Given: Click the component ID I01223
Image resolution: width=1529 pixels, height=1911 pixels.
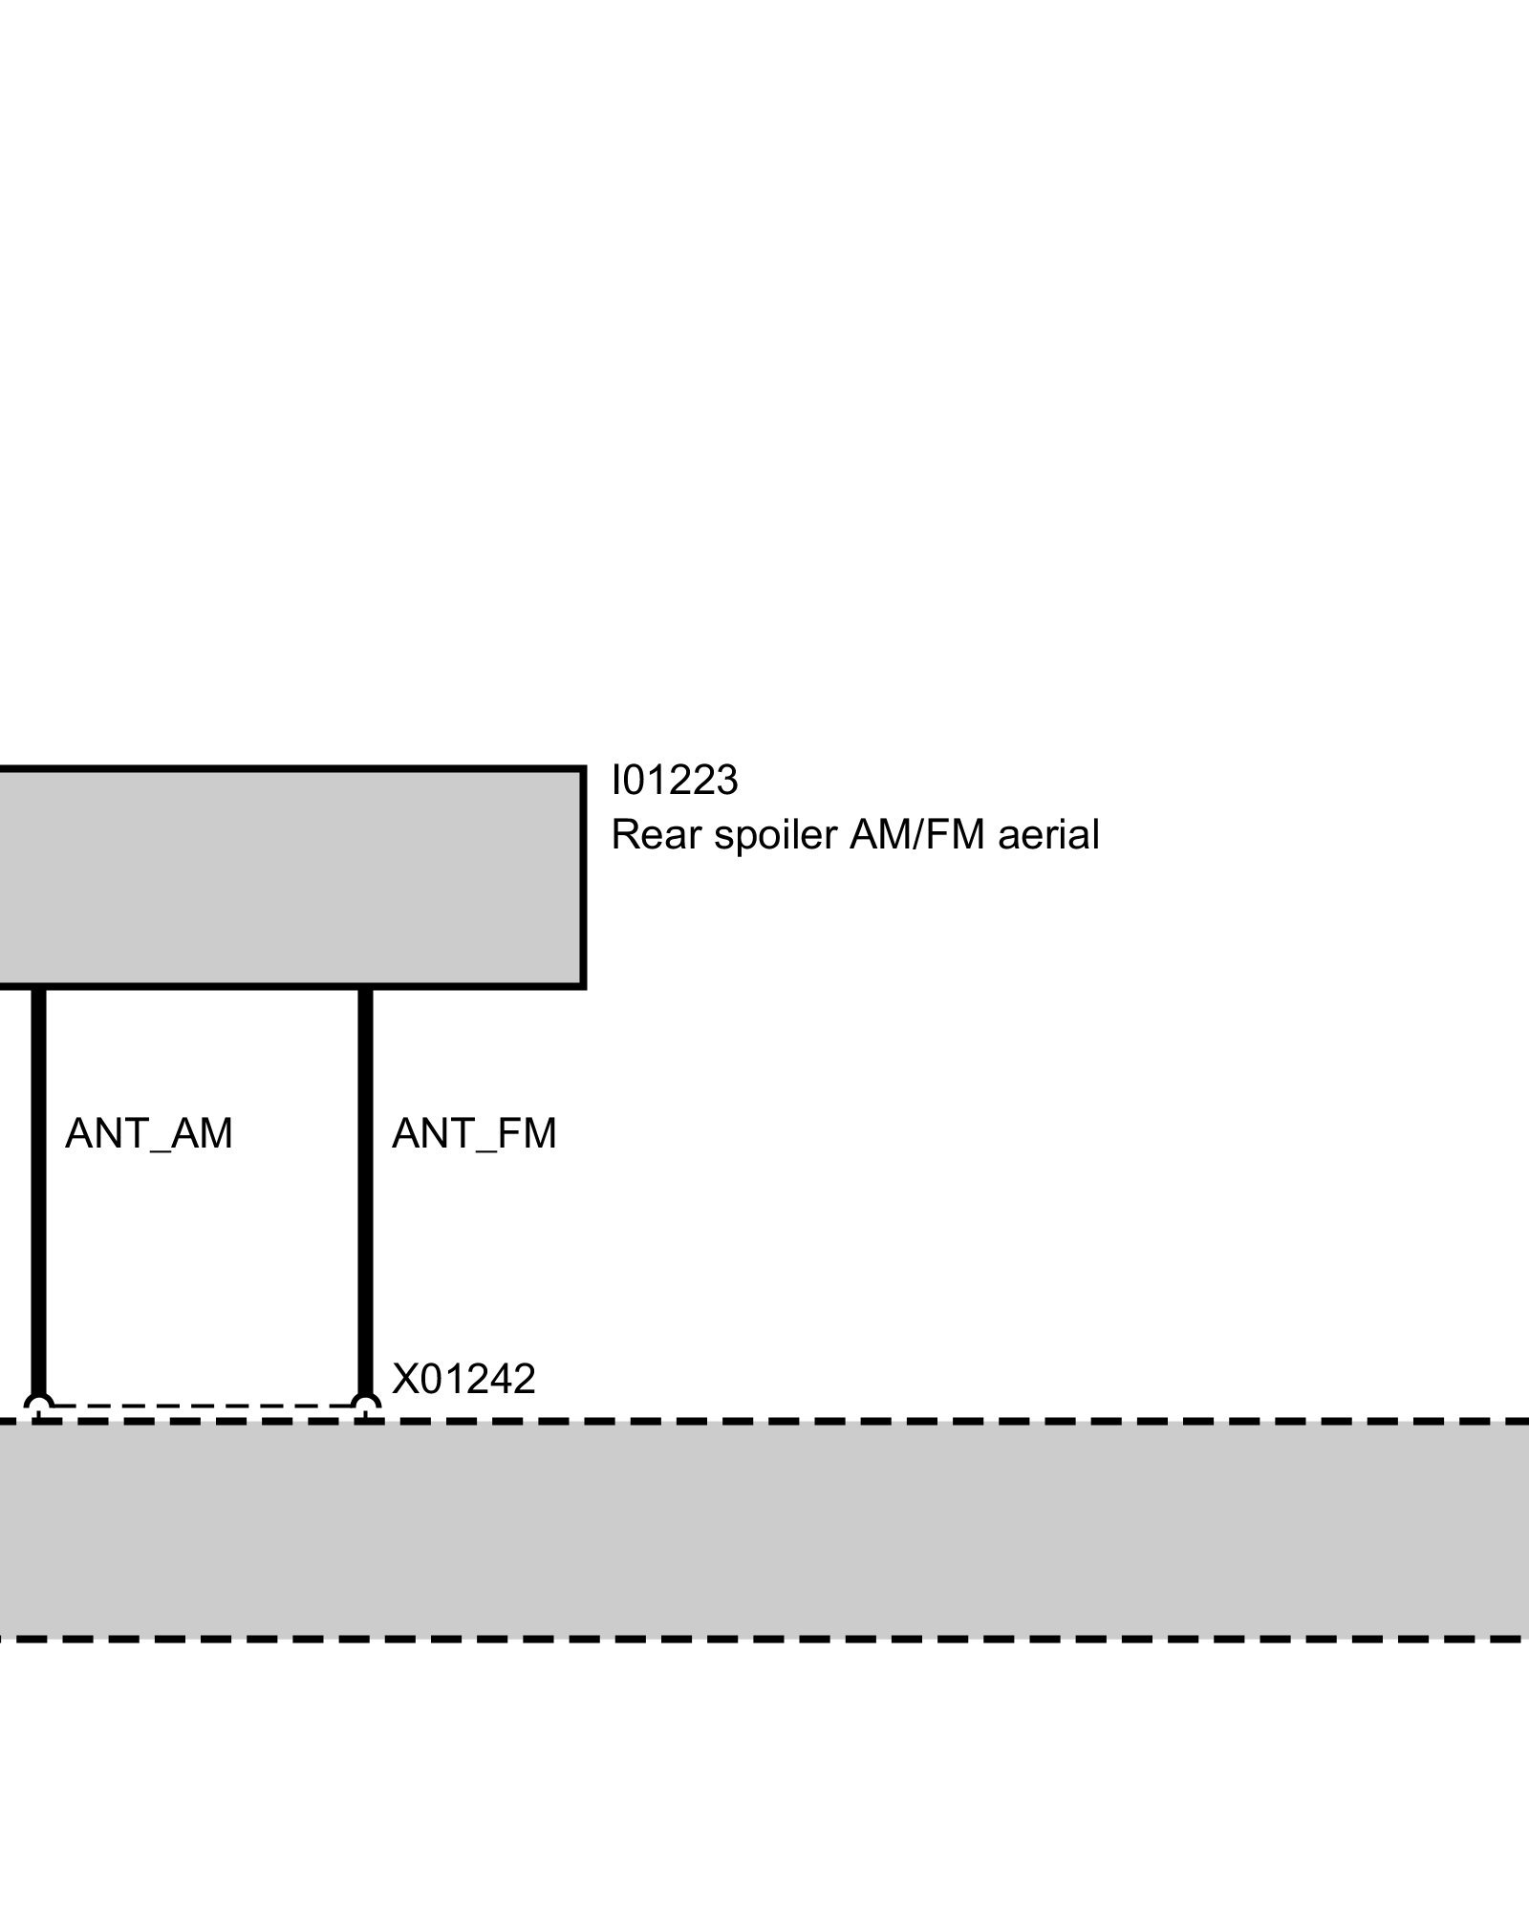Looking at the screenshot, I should tap(675, 781).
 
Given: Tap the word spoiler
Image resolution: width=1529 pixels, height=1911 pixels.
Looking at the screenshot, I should tap(775, 835).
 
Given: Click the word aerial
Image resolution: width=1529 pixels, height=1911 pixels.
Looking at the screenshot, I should tap(1048, 835).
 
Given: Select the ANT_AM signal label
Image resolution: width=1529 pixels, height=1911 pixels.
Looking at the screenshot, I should tap(148, 1134).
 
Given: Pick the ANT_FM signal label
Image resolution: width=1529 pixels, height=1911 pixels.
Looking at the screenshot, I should tap(474, 1134).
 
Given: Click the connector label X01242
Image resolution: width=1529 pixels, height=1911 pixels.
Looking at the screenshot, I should tap(463, 1379).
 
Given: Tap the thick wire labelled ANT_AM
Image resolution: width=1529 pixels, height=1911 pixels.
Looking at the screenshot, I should tap(38, 1194).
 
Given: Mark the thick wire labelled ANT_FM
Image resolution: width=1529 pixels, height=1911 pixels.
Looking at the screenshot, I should tap(365, 1194).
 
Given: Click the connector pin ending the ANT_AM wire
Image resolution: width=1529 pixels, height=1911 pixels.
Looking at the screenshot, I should tap(38, 1406).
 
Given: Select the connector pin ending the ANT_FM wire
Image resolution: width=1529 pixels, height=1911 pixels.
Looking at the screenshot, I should tap(365, 1406).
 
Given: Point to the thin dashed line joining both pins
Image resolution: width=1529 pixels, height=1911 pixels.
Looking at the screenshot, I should tap(201, 1406).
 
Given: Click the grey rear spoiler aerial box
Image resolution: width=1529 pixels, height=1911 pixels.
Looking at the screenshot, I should tap(287, 877).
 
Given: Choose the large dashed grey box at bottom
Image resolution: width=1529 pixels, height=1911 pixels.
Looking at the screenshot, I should tap(764, 1529).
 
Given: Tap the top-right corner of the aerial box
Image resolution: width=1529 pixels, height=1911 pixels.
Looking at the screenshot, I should tap(582, 769).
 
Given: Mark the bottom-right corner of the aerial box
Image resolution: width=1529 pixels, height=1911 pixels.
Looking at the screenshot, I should tap(582, 985).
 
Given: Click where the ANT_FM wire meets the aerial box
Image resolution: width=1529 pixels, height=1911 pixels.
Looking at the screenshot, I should tap(365, 987).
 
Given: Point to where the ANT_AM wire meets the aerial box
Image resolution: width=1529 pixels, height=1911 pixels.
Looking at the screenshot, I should tap(38, 987).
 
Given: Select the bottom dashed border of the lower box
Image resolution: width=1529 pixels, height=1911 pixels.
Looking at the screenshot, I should tap(764, 1639).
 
